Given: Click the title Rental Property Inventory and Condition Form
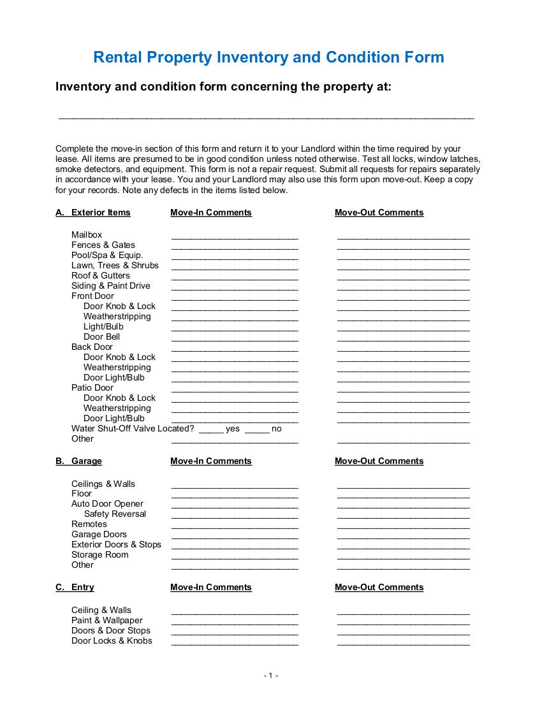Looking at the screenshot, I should [268, 57].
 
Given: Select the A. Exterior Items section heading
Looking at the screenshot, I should [93, 213].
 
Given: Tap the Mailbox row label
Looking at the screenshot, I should [87, 235].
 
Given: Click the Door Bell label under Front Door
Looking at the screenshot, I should [101, 337].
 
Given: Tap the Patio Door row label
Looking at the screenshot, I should [92, 388].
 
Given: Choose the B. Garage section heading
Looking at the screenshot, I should [79, 461].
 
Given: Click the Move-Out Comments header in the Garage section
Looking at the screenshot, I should [379, 461].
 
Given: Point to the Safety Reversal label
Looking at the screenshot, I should [115, 514].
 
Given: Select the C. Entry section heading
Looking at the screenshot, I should [75, 588].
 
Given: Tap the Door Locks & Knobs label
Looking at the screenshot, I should [112, 641].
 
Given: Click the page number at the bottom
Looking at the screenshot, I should [271, 676].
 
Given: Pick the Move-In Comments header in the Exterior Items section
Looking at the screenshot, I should [211, 213].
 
